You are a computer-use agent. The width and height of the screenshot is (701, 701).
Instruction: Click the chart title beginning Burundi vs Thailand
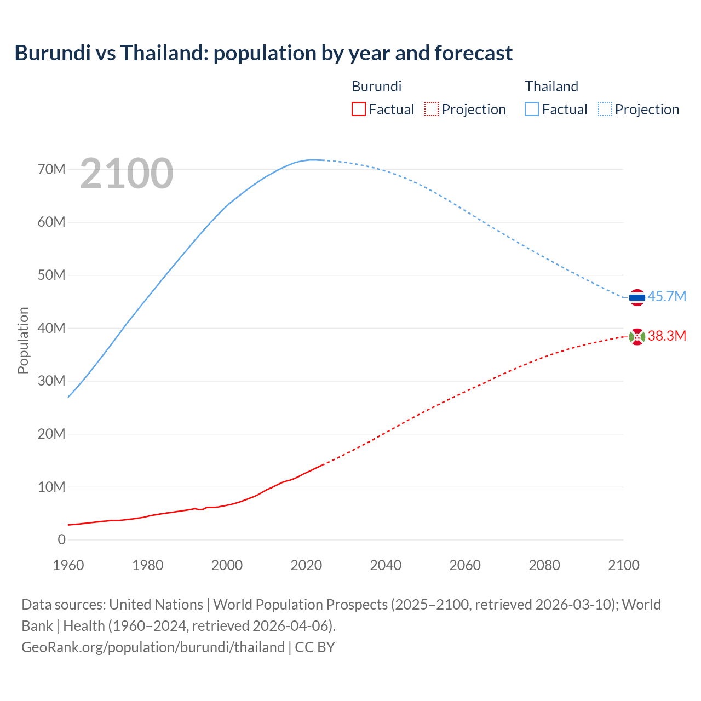263,53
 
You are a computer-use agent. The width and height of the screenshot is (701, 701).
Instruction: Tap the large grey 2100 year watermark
127,174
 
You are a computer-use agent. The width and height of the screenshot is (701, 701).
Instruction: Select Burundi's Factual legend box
358,109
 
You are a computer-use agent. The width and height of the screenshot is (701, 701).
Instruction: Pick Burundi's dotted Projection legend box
432,109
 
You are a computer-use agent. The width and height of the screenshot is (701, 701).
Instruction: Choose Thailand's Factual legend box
532,109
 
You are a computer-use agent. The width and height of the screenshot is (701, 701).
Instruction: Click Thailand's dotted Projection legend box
605,109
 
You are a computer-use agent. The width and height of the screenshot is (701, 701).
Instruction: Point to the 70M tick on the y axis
51,169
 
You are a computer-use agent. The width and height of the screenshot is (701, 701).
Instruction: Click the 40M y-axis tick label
51,328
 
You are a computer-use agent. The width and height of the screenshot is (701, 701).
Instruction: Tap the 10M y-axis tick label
51,487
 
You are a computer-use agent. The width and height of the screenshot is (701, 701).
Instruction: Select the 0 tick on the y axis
61,539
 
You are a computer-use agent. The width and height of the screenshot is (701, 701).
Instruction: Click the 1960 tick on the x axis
68,565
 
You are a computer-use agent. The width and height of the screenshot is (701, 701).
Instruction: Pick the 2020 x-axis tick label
306,565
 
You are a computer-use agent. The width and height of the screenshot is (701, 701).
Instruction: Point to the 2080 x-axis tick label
544,565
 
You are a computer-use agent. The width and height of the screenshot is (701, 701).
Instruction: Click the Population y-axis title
23,340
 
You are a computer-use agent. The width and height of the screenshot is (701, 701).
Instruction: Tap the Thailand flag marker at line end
637,297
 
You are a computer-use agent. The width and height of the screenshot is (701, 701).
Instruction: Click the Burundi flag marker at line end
637,337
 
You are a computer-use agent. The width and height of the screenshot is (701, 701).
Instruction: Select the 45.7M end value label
666,296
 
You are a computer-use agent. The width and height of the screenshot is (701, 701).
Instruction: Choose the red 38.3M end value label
666,336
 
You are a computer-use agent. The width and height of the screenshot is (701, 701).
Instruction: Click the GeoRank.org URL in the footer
153,647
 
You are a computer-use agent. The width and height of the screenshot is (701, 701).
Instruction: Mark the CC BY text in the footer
315,647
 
